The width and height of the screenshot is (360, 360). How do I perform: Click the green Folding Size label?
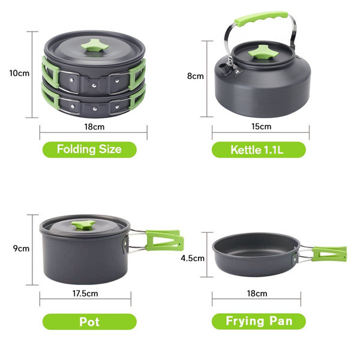(x=89, y=149)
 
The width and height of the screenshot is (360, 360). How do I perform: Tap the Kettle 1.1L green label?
(x=259, y=149)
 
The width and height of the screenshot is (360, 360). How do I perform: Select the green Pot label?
(x=89, y=322)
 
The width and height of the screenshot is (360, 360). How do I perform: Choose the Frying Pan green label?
(x=259, y=321)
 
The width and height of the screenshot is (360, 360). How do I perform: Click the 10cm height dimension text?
(x=19, y=73)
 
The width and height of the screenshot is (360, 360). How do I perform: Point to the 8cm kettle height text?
(x=196, y=76)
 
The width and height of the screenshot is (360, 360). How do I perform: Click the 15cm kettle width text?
(x=261, y=126)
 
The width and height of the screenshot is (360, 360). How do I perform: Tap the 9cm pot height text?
(x=21, y=248)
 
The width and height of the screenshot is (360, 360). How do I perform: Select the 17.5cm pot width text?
(x=85, y=293)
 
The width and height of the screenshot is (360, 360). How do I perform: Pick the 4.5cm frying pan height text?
(x=193, y=258)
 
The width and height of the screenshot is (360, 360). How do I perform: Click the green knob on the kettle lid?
(x=263, y=53)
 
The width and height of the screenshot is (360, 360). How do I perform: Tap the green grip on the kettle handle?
(x=261, y=19)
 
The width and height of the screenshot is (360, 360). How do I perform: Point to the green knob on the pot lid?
(x=83, y=224)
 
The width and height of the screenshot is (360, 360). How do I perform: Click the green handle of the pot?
(x=164, y=240)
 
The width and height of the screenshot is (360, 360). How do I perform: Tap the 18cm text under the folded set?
(x=94, y=127)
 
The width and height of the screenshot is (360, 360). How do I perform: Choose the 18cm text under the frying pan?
(x=257, y=293)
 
